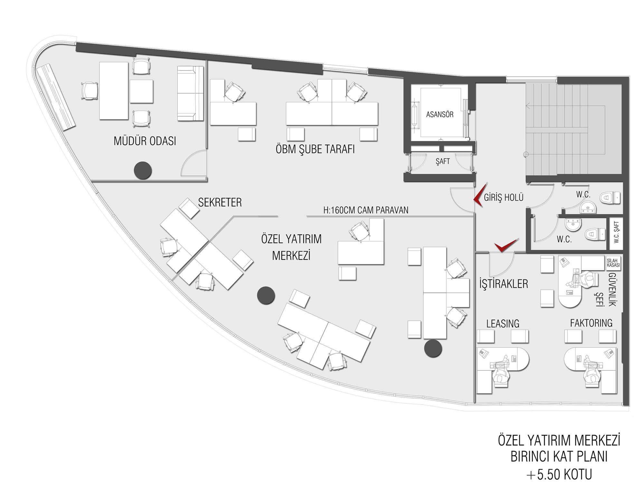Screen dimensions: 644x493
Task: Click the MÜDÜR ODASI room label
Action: (145, 141)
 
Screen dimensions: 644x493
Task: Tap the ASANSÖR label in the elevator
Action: (440, 114)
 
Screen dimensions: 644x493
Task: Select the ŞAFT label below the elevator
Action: (443, 161)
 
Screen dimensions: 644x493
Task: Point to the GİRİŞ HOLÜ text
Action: (504, 197)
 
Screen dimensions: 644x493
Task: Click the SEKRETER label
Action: (220, 202)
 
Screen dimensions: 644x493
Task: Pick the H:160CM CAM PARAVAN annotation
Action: (366, 210)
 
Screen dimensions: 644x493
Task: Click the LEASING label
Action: (503, 324)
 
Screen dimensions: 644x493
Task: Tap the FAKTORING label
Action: (591, 323)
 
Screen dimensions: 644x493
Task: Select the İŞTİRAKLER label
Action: (504, 284)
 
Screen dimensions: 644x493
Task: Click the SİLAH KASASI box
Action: (613, 263)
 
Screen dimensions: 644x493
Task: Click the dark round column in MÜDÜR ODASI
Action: (143, 170)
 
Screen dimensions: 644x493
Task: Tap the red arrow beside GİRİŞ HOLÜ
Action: (478, 196)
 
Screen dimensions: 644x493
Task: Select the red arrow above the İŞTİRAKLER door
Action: (506, 245)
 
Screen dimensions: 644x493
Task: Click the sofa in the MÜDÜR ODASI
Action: (190, 93)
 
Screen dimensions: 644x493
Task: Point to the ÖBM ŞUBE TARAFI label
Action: (315, 149)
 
